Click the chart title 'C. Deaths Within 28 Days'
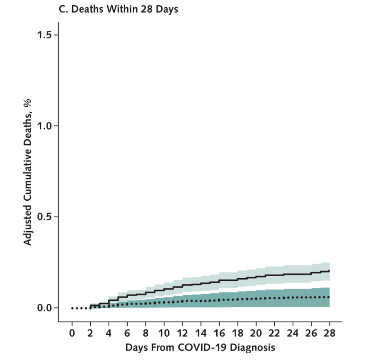click(x=118, y=9)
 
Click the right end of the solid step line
click(x=329, y=271)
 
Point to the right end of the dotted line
click(x=329, y=297)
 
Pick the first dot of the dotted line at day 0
click(x=72, y=308)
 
